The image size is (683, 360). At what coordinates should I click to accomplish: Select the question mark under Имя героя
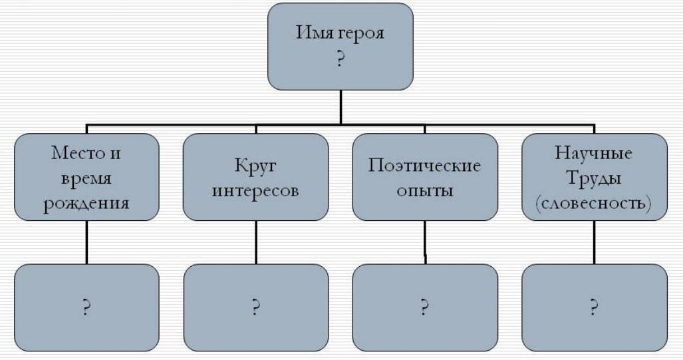click(x=340, y=59)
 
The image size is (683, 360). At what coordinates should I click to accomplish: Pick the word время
click(x=86, y=179)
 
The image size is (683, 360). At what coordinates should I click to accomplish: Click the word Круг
click(x=255, y=166)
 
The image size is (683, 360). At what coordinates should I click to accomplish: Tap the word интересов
click(x=255, y=190)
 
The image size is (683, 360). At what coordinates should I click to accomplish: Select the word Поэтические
click(x=424, y=166)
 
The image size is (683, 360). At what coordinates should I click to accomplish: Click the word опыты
click(x=424, y=190)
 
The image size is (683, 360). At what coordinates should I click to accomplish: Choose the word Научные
click(x=594, y=154)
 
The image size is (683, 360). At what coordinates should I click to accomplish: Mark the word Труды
click(x=594, y=178)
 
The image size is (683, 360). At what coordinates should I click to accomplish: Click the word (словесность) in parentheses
click(x=594, y=203)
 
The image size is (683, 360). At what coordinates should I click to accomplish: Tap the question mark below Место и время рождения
click(x=86, y=308)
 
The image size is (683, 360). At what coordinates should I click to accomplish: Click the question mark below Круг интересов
click(x=255, y=308)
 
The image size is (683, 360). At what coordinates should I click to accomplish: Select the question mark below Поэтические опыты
click(x=424, y=308)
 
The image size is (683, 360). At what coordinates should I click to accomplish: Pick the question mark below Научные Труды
click(x=594, y=308)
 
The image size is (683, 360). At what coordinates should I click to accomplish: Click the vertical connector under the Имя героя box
click(x=341, y=106)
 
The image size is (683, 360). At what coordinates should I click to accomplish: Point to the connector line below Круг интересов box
click(x=255, y=242)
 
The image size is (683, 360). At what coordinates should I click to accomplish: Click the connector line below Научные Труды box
click(x=595, y=242)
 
